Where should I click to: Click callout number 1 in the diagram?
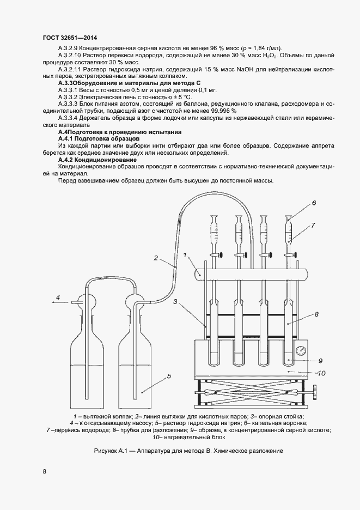(185, 254)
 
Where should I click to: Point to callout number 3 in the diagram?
(175, 301)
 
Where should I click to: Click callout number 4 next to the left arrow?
(314, 203)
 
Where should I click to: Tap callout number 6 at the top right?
(315, 314)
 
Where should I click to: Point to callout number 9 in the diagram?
(300, 350)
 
